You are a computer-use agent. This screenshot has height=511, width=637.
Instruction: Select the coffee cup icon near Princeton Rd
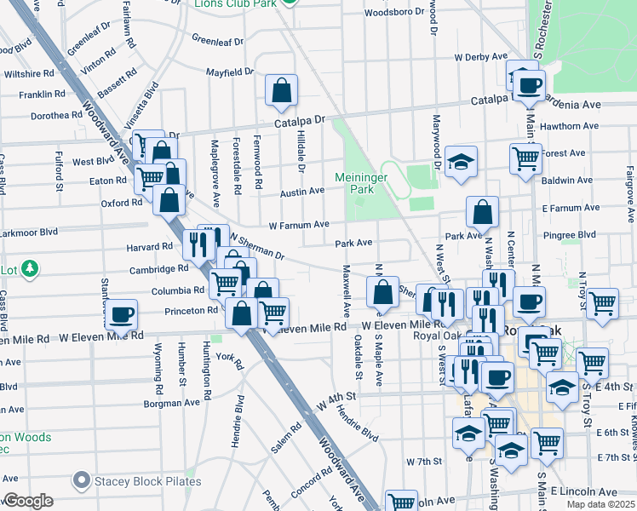[x=121, y=314]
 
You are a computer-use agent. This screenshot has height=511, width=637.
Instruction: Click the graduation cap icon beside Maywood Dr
[x=461, y=162]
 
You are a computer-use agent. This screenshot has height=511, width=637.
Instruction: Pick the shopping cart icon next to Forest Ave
[x=525, y=157]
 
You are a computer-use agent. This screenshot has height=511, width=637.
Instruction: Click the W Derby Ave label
[x=481, y=58]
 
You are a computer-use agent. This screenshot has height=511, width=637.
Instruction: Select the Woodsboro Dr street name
[x=393, y=13]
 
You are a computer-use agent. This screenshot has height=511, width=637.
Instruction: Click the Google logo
[x=29, y=500]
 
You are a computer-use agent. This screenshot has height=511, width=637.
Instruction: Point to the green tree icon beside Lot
[x=30, y=269]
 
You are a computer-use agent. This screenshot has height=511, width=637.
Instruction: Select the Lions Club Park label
[x=237, y=3]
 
